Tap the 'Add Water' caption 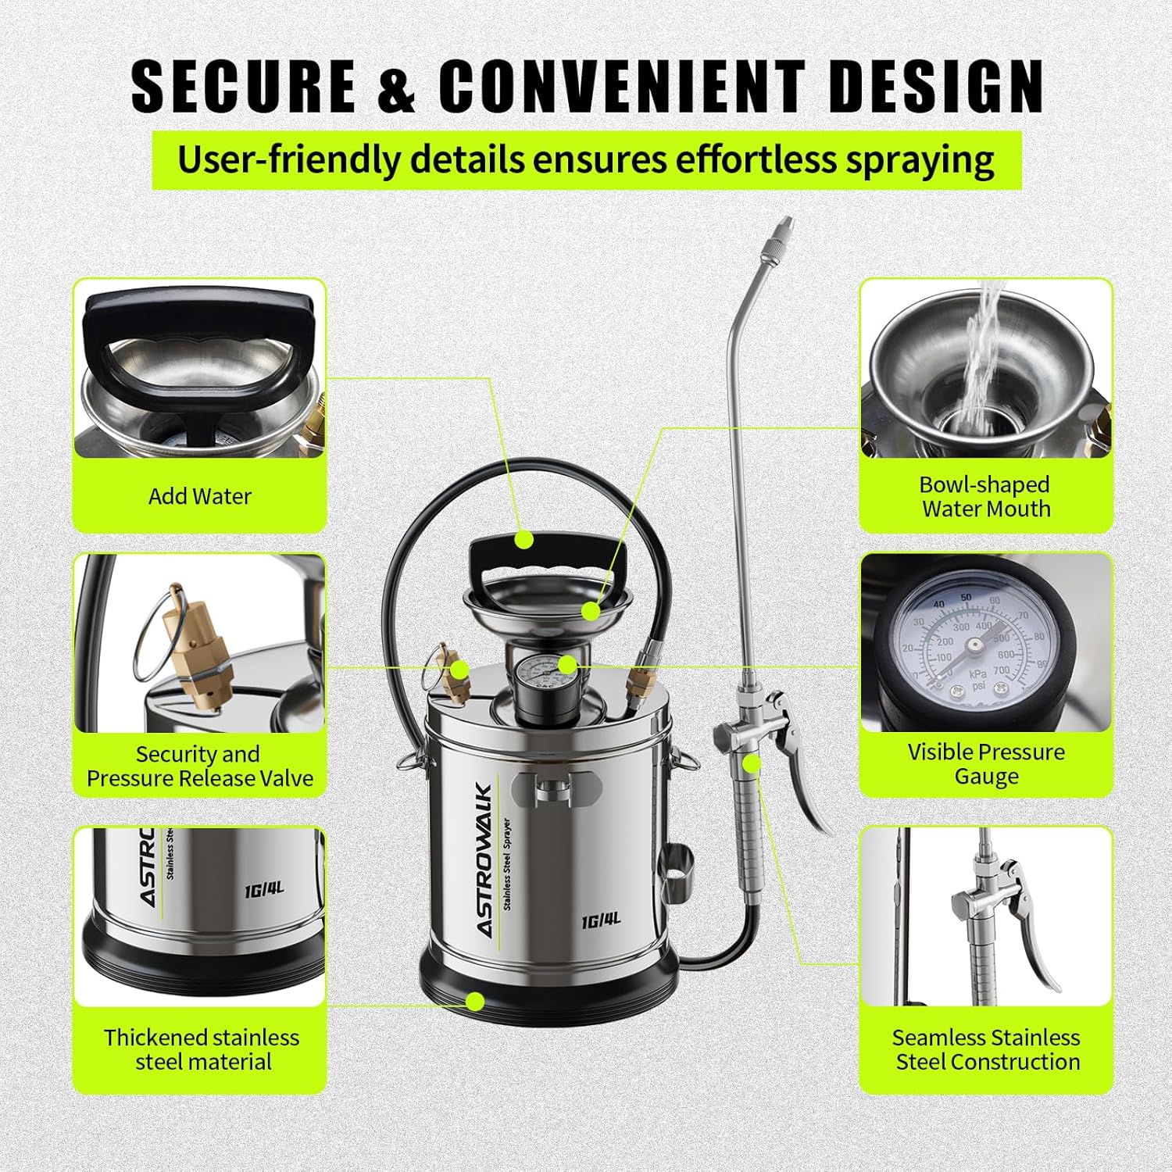pos(200,496)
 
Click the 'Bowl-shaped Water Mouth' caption pos(985,497)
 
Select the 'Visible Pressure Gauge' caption pos(986,764)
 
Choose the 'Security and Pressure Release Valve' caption pos(200,766)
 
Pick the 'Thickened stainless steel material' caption pos(202,1049)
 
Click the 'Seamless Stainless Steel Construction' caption pos(987,1049)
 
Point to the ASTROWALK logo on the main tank pos(484,860)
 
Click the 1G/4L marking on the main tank pos(601,920)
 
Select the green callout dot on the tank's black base pos(474,1001)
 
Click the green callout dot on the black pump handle pos(524,539)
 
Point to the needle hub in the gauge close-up pos(974,645)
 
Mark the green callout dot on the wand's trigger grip pos(752,763)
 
